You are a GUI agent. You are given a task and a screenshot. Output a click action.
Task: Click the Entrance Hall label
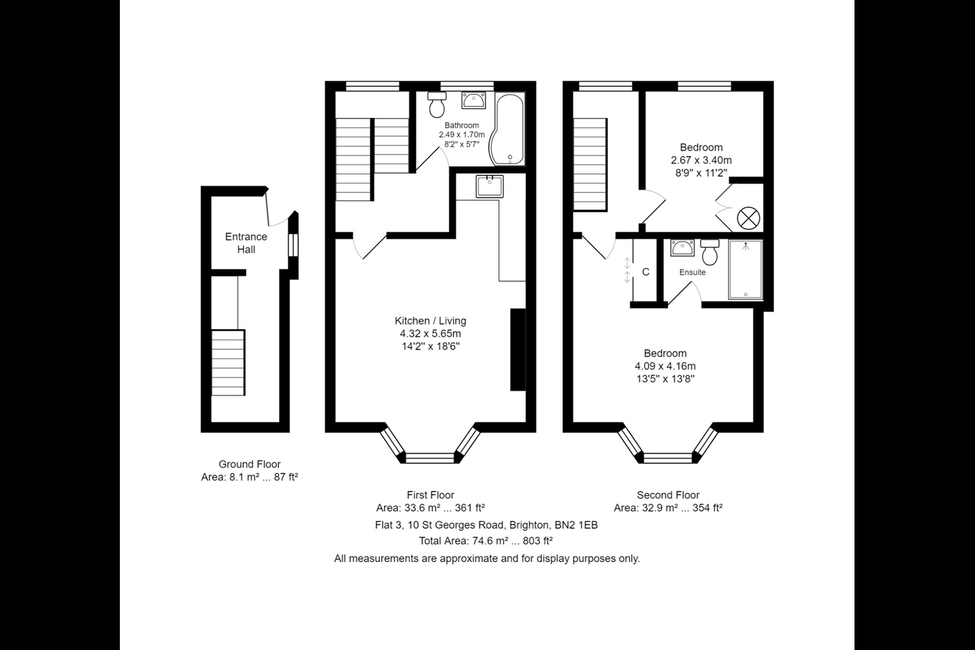pos(246,242)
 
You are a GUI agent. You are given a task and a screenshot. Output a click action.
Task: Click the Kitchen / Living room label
pos(431,321)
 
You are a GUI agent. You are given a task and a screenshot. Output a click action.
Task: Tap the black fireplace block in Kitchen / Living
pos(518,349)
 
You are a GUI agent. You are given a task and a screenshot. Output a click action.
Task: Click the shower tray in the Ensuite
pos(745,269)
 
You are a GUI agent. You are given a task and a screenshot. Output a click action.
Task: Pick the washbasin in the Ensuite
pos(682,248)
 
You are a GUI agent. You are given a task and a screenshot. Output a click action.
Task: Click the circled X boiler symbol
pos(748,218)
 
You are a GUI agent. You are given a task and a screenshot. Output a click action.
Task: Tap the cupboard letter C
pos(645,272)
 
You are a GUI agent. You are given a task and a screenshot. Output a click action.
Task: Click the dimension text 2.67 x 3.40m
pos(701,160)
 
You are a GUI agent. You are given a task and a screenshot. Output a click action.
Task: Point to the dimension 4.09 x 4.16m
pos(665,366)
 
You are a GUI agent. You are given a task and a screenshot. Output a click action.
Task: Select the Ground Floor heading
pos(249,464)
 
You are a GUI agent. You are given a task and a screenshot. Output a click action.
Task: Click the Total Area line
pos(486,541)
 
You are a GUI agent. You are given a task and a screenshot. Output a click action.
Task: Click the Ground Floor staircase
pos(228,362)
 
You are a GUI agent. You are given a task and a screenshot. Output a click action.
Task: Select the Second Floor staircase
pos(590,165)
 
